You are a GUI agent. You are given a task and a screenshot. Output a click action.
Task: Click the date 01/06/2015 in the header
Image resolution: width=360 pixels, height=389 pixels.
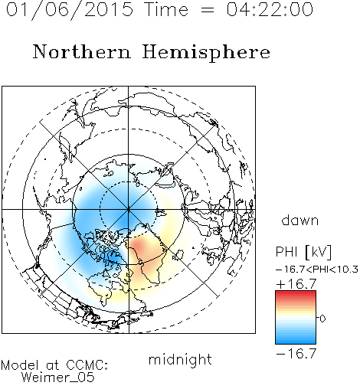pos(70,10)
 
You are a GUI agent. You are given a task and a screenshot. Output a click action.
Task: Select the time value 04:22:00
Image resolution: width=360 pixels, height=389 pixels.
pos(270,9)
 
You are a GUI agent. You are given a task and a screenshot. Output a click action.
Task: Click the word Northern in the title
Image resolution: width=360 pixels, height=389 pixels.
pos(82,52)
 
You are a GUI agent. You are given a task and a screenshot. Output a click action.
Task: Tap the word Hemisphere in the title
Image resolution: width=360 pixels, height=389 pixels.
pos(206,53)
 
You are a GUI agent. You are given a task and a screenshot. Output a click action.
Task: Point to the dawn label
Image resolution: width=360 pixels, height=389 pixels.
pos(300,220)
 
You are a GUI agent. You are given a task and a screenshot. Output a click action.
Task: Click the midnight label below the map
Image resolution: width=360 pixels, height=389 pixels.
pos(180,360)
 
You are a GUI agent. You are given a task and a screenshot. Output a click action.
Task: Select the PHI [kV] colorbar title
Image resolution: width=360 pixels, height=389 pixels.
pos(303,252)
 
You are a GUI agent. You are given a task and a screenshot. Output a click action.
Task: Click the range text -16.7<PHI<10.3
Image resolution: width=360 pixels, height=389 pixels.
pos(317,270)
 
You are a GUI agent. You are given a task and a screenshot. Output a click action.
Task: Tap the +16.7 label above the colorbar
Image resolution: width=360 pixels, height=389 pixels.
pos(296,284)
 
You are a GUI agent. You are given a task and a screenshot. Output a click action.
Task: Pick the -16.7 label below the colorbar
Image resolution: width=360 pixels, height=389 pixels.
pos(296,354)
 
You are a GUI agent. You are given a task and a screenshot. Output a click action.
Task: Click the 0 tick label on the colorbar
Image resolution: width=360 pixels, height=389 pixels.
pos(322,319)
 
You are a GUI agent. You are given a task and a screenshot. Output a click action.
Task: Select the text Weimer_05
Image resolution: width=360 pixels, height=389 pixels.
pos(58,377)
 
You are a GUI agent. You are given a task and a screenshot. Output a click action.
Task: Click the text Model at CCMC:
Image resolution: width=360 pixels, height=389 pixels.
pos(54,365)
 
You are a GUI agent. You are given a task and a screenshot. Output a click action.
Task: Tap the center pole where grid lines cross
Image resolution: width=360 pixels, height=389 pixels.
pos(129,210)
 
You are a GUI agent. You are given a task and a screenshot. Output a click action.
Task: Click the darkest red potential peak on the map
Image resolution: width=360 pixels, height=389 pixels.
pos(139,246)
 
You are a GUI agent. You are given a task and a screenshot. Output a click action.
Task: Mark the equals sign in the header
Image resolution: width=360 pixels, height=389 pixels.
pos(207,11)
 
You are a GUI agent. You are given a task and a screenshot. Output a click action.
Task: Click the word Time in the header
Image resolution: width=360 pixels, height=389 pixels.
pos(166,9)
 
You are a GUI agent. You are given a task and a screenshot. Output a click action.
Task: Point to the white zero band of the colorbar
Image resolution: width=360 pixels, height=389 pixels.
pos(296,319)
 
